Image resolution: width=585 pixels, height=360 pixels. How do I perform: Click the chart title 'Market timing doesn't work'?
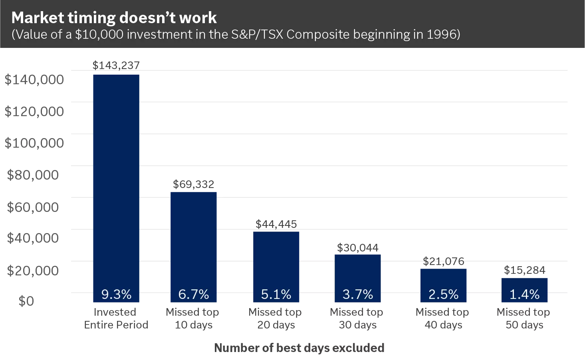tap(114, 18)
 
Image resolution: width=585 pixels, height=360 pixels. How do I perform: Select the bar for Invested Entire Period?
tap(116, 180)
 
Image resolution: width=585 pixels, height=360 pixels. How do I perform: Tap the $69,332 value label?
tap(193, 184)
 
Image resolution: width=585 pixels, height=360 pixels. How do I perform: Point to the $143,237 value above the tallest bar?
tap(116, 65)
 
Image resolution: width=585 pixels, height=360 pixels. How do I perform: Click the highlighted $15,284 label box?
tap(524, 270)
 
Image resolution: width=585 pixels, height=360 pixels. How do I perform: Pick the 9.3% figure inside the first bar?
tap(116, 295)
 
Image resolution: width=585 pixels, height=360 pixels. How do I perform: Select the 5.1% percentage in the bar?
tap(276, 295)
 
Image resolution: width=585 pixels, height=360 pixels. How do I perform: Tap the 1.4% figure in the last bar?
tap(524, 295)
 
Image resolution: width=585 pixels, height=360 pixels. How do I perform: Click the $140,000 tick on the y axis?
tap(34, 79)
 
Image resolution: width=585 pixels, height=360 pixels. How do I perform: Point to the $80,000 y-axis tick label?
tap(33, 175)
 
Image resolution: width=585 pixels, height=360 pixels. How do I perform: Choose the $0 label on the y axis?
tap(26, 301)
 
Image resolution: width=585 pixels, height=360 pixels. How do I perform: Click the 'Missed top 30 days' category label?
tap(357, 318)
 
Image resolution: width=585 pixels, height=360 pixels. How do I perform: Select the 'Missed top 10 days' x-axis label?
tap(193, 318)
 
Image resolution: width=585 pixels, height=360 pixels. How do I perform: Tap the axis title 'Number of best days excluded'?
tap(299, 348)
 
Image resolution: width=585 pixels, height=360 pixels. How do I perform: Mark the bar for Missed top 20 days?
tap(276, 259)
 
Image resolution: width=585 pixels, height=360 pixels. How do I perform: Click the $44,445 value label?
tap(276, 224)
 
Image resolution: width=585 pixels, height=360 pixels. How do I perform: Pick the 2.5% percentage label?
tap(443, 295)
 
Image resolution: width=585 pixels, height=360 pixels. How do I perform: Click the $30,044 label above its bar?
tap(357, 248)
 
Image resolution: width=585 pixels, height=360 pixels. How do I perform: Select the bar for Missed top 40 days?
tap(443, 279)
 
